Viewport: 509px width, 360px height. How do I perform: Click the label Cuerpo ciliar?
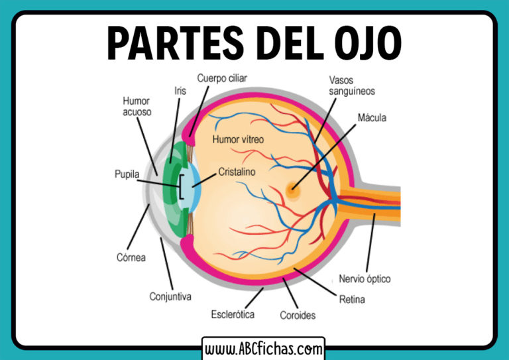click(x=221, y=78)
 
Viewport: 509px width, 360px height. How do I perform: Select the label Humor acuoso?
click(x=137, y=106)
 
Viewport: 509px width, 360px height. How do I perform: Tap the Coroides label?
click(x=298, y=315)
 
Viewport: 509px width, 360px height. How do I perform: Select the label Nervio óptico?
click(x=365, y=278)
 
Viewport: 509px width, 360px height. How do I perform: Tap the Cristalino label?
click(x=237, y=171)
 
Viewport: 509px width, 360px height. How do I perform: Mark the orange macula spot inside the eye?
click(x=292, y=191)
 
